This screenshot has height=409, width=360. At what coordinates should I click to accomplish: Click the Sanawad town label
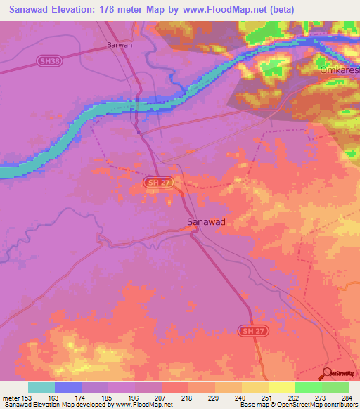coord(206,221)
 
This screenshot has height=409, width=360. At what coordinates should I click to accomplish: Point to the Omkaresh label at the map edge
coord(339,71)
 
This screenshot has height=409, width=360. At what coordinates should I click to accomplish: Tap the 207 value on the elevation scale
coord(161,398)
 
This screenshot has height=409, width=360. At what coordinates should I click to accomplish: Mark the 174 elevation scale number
coord(81,398)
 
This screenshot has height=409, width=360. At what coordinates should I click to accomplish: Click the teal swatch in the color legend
coord(41,387)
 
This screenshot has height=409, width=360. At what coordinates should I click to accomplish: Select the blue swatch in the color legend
coord(68,387)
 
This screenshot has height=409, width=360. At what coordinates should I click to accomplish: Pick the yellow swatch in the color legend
coord(281,387)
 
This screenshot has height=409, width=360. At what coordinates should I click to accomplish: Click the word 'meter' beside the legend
coord(11,398)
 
